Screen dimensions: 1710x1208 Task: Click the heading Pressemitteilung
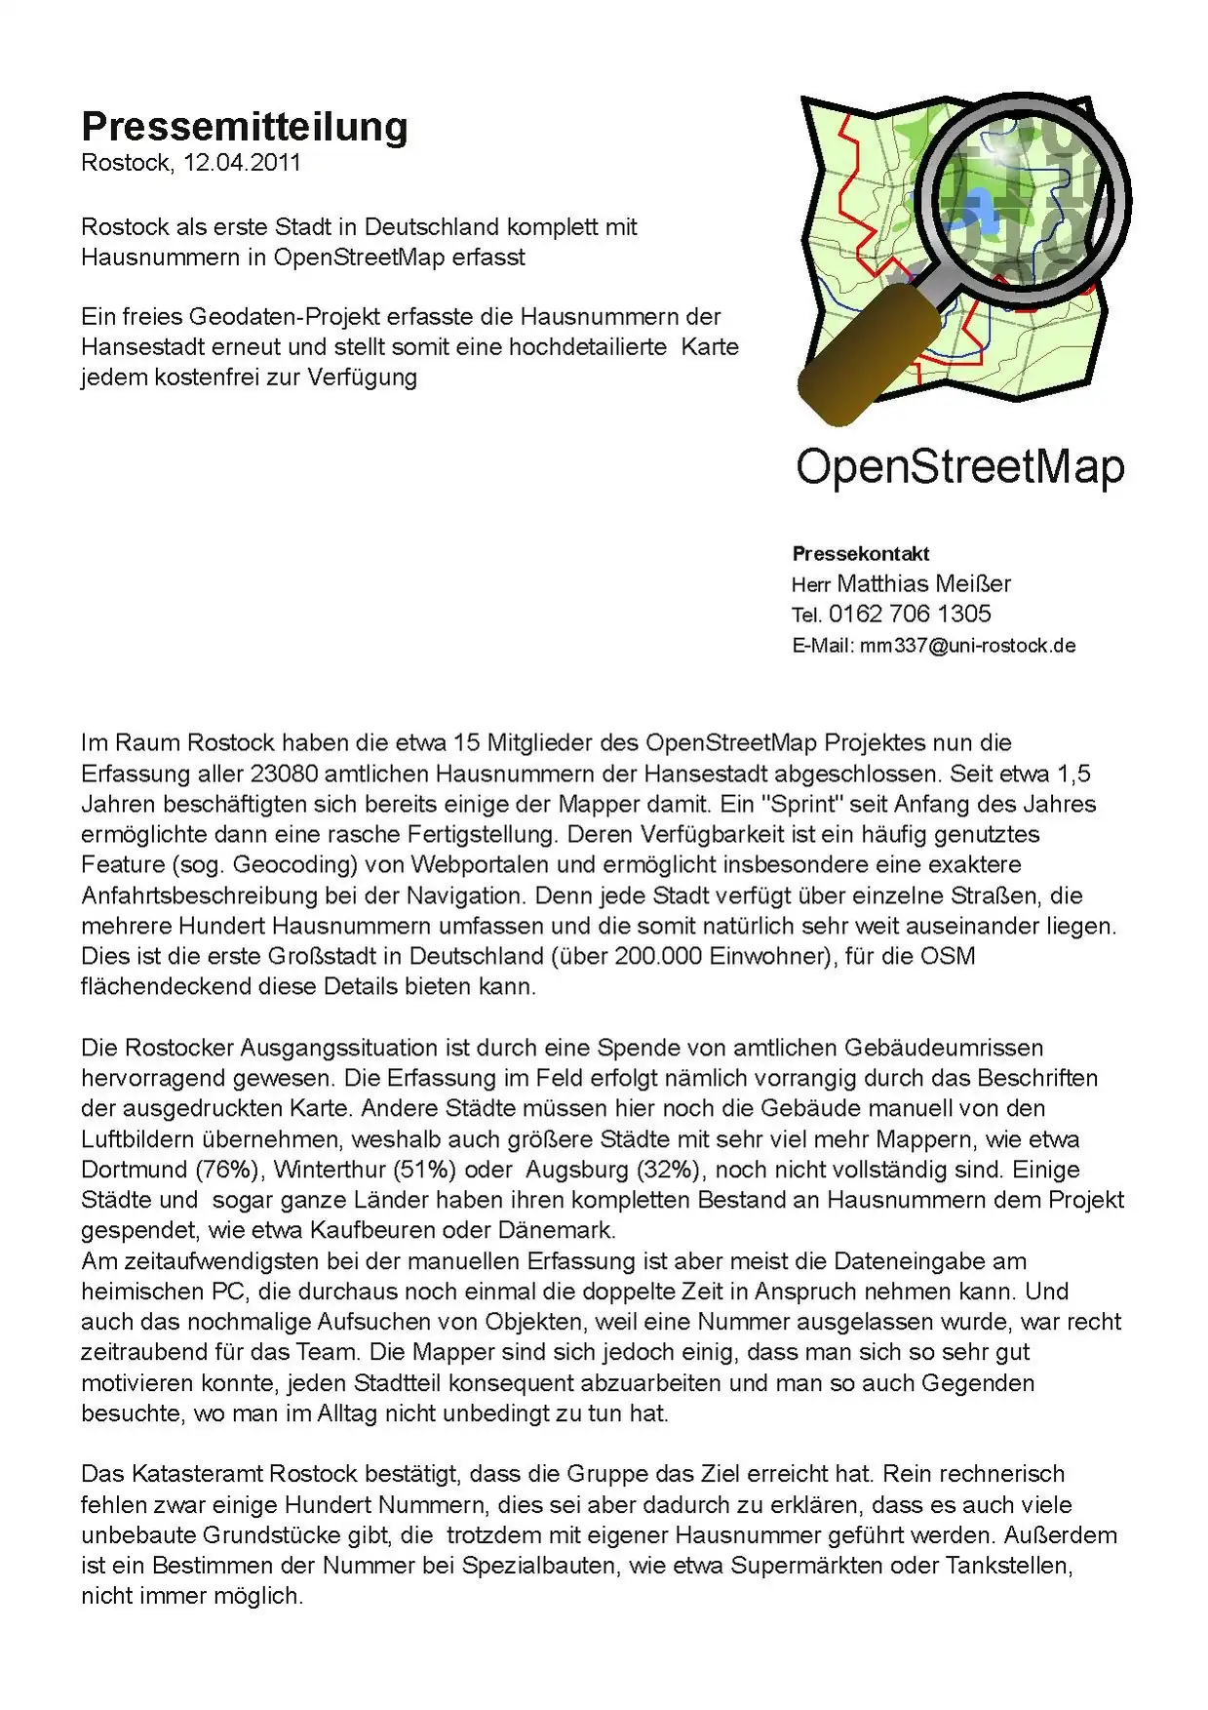pos(244,127)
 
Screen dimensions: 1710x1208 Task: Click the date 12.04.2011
pos(242,163)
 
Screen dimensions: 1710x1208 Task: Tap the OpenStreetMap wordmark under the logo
pos(960,467)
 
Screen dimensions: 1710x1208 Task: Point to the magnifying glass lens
pos(1023,201)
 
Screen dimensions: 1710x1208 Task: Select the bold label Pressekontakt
pos(861,554)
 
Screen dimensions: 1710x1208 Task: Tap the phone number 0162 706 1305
pos(910,615)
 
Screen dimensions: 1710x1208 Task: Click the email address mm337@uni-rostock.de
pos(967,646)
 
